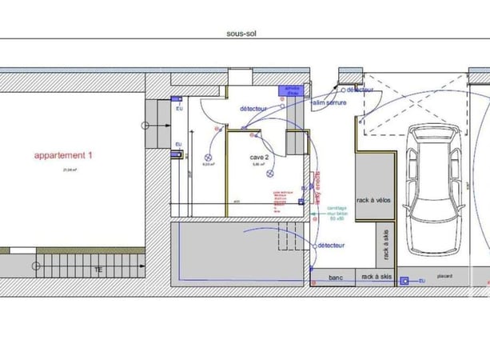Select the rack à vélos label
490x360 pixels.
[x=373, y=200]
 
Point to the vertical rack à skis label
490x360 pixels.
[x=386, y=244]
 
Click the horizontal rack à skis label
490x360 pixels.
[x=376, y=277]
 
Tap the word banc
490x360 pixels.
[x=337, y=277]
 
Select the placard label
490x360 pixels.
[x=444, y=277]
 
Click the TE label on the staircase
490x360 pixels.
[x=98, y=270]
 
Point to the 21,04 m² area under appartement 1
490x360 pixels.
[x=63, y=170]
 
